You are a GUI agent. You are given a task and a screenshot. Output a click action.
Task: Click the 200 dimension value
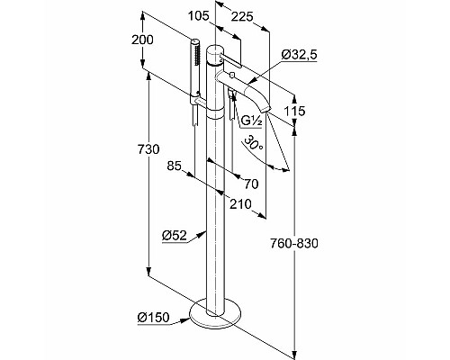[142, 40]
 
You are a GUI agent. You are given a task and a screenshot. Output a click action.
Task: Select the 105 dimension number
[198, 15]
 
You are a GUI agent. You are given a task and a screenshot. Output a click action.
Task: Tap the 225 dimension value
[242, 17]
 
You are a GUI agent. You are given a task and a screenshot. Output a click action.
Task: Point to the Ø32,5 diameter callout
[300, 55]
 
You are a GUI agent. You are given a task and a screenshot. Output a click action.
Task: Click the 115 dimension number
[294, 112]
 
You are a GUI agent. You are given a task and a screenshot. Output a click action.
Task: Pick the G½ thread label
[252, 121]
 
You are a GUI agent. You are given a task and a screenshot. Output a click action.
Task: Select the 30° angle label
[254, 143]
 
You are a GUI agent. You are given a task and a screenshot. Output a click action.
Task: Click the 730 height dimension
[148, 149]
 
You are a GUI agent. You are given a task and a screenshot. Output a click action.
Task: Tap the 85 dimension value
[175, 166]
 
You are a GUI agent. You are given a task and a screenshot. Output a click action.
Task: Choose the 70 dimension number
[251, 184]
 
